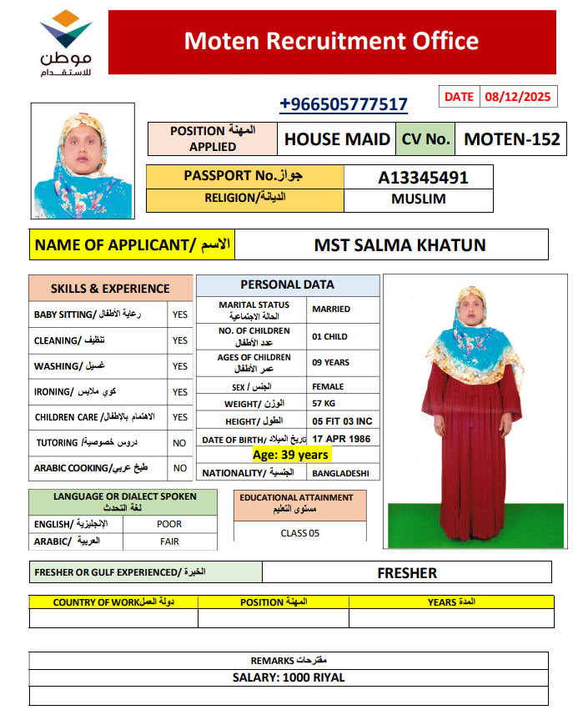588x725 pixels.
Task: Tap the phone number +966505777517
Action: pos(344,104)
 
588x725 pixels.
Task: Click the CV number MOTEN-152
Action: pos(512,139)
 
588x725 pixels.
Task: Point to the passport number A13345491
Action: pos(423,177)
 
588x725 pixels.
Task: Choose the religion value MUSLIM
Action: pos(418,199)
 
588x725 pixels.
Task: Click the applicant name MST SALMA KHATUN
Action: pos(400,245)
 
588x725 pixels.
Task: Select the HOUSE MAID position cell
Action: pos(337,139)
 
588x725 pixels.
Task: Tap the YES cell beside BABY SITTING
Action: pos(180,315)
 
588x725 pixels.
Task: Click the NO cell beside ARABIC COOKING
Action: pos(180,468)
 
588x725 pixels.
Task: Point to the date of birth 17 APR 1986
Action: pos(340,439)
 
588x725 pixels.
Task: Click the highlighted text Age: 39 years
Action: pos(290,455)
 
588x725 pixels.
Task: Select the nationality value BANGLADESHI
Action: pos(341,473)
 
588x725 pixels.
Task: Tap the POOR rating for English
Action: pos(169,524)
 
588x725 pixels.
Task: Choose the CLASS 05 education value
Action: pos(299,533)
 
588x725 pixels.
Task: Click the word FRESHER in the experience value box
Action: pos(407,573)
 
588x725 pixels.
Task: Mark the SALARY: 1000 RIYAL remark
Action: pos(289,677)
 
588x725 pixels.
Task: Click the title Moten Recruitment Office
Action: pos(331,41)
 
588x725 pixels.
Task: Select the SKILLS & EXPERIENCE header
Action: pos(110,289)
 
